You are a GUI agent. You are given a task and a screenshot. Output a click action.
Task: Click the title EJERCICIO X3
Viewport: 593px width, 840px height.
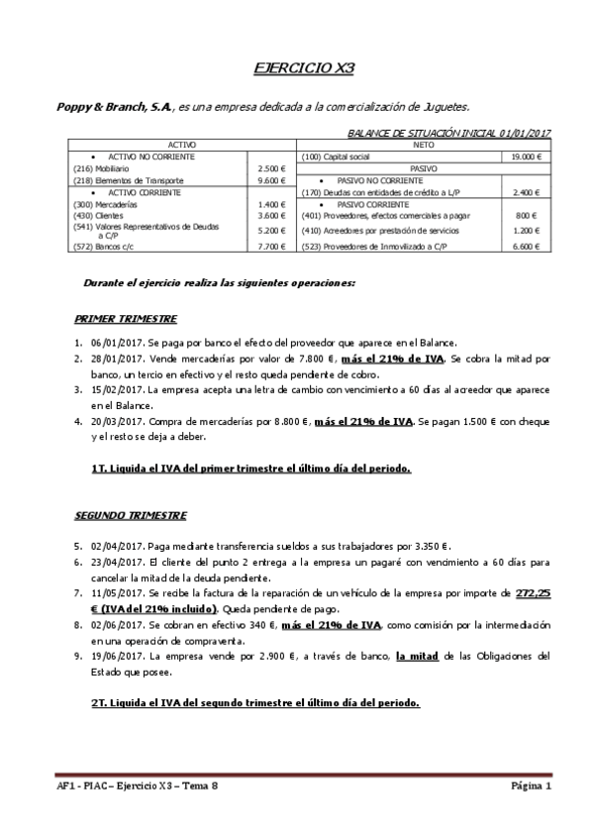coord(297,68)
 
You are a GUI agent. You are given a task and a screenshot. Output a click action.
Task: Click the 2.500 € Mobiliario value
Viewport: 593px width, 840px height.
coord(270,169)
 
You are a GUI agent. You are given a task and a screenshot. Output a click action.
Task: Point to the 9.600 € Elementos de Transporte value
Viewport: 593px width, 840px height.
coord(270,181)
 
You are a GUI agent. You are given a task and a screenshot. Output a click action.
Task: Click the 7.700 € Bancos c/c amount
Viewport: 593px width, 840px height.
coord(270,246)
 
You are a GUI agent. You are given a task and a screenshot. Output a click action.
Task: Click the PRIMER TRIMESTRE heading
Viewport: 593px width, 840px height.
coord(126,319)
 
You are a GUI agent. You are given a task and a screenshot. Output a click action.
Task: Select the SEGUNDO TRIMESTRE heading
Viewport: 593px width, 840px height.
coord(130,516)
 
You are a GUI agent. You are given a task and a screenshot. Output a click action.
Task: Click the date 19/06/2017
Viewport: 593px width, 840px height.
coord(118,656)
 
